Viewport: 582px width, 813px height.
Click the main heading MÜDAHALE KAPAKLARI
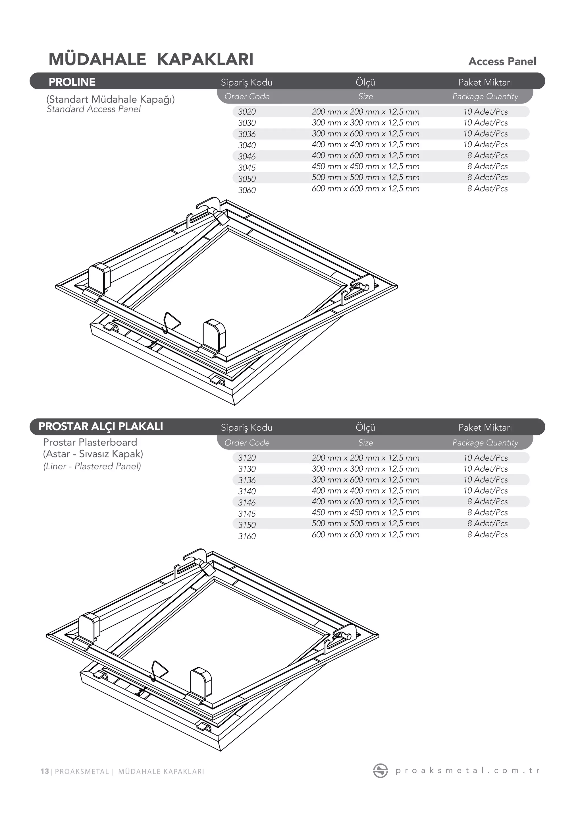(151, 59)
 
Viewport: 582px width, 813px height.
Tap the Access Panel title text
(502, 62)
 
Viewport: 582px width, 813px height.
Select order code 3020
(247, 112)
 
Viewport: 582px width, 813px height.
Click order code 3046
(247, 156)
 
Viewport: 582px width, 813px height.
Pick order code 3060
(247, 190)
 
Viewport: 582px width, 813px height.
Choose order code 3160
(247, 536)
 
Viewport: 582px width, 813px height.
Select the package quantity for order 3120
(485, 458)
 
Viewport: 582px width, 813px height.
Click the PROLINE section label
(72, 82)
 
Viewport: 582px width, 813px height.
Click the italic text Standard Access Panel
(93, 109)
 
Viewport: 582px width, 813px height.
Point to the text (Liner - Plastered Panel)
(92, 466)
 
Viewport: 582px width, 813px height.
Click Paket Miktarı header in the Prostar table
(485, 427)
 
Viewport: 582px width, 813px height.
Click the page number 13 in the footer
(44, 771)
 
